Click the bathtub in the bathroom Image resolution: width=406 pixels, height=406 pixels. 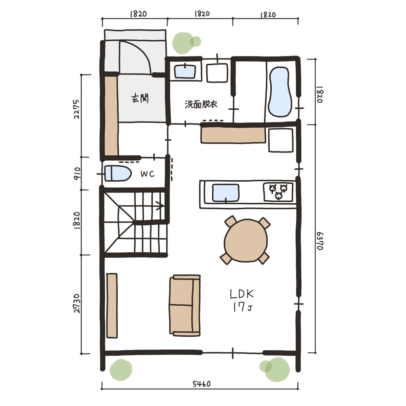click(280, 92)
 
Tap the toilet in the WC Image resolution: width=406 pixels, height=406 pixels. click(118, 173)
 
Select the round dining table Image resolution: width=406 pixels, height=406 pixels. click(246, 241)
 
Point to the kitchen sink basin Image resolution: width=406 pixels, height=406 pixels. click(226, 193)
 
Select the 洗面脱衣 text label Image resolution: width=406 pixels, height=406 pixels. click(201, 104)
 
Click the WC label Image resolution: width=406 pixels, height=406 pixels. click(148, 174)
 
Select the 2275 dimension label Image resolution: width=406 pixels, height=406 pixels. click(77, 109)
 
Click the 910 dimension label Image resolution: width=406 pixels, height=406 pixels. click(77, 173)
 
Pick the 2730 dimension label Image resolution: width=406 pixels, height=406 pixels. click(77, 303)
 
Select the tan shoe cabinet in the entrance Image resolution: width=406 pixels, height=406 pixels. click(111, 116)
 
